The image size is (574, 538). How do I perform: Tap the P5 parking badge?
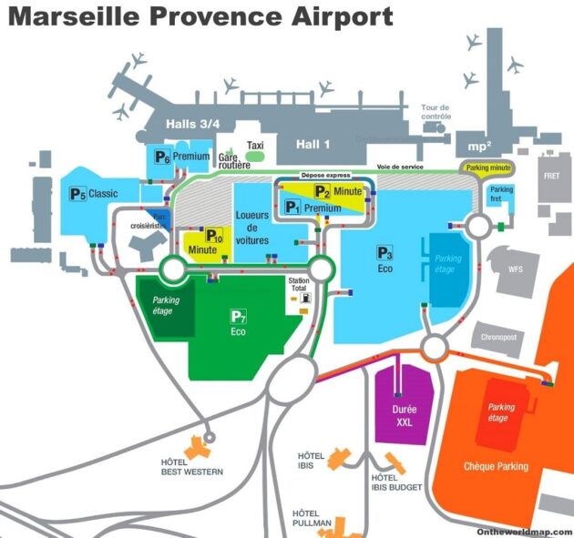(77, 193)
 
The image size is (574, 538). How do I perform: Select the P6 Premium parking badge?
(162, 157)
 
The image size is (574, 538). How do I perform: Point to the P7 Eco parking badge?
(239, 317)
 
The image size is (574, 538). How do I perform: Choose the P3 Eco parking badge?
(385, 252)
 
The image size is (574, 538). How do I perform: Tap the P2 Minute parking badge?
(323, 191)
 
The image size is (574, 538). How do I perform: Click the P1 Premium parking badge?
(292, 208)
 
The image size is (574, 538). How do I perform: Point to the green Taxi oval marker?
(256, 157)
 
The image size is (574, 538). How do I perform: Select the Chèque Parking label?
(496, 466)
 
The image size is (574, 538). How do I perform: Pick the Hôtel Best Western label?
(186, 467)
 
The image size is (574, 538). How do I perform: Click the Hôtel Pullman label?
(313, 520)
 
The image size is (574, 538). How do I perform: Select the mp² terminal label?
(478, 145)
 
